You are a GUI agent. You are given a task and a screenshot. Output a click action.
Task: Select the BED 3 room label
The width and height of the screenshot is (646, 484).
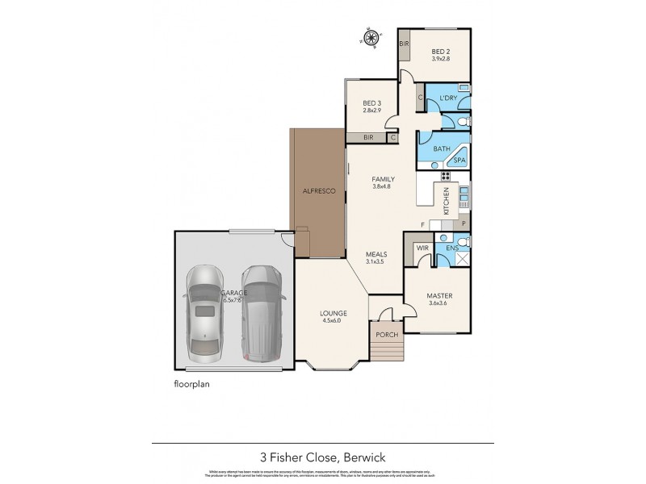pyautogui.click(x=371, y=103)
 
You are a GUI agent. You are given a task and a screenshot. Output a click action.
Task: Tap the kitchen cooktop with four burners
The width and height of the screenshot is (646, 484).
pyautogui.click(x=445, y=176)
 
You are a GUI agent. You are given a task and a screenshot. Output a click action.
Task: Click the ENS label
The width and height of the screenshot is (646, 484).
pyautogui.click(x=453, y=248)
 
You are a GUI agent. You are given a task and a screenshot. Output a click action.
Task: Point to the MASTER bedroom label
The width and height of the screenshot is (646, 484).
pyautogui.click(x=439, y=295)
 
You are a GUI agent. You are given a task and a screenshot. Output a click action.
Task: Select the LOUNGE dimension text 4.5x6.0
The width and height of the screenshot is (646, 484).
pyautogui.click(x=333, y=321)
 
